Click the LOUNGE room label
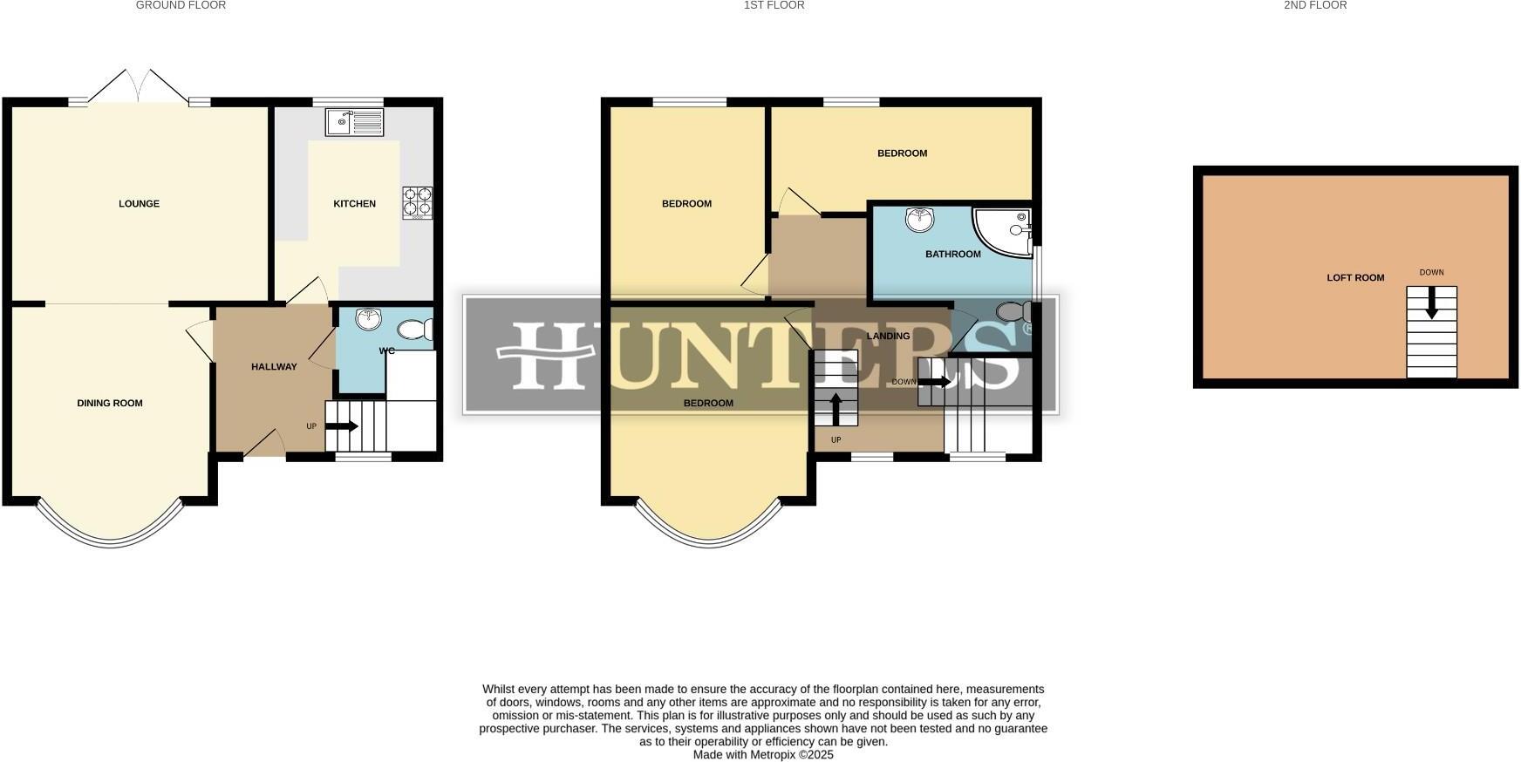140,204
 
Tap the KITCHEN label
354,204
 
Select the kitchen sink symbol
354,122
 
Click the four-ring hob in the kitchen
417,202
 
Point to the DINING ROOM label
110,403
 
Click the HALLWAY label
274,367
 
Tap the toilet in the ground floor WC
415,330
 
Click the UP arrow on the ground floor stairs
341,426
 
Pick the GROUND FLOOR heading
181,5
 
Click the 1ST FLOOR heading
774,5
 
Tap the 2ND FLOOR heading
1315,5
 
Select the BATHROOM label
952,255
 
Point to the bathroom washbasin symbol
918,220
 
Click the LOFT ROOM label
1355,278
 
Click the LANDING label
888,336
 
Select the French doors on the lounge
140,87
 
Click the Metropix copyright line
763,755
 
